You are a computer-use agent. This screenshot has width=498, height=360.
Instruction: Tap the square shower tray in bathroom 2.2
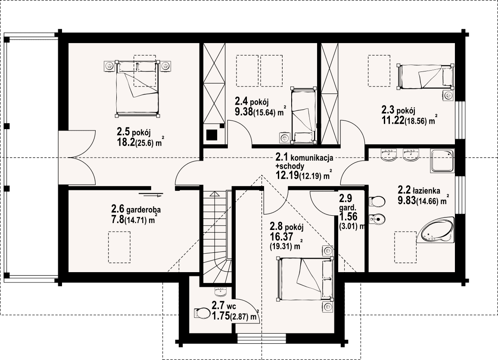[x=442, y=161]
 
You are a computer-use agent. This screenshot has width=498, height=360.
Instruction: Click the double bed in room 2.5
[x=137, y=88]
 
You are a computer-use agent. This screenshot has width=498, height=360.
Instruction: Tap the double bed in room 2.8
[x=305, y=279]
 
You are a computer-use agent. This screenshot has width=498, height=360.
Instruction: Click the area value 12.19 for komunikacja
[x=287, y=175]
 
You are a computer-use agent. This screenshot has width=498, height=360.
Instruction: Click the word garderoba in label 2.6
[x=143, y=210]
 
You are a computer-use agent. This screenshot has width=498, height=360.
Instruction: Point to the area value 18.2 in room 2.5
[x=126, y=142]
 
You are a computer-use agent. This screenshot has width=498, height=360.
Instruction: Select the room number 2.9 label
[x=345, y=199]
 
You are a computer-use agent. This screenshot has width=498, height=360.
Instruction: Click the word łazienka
[x=426, y=191]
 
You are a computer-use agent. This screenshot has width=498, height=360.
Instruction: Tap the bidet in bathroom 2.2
[x=377, y=218]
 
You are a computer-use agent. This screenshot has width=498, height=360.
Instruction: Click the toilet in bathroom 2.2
[x=377, y=201]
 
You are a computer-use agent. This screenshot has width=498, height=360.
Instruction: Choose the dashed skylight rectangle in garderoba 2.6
[x=119, y=247]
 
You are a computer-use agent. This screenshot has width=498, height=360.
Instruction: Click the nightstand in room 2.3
[x=448, y=96]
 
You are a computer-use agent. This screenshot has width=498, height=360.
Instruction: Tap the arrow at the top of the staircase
[x=215, y=195]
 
